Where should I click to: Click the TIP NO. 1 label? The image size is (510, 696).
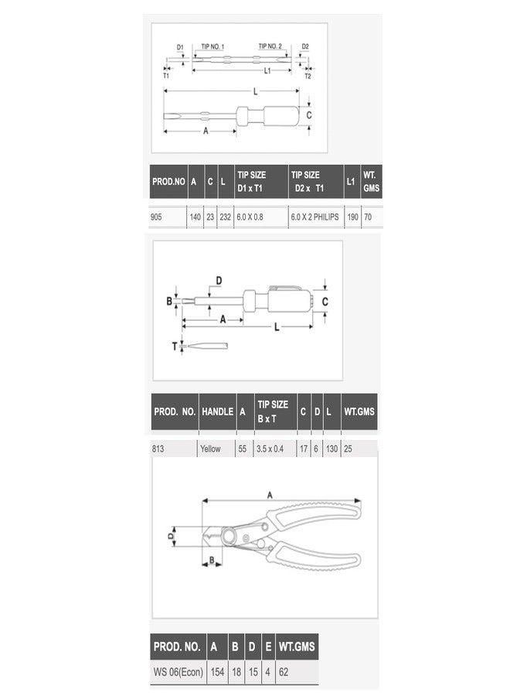(x=212, y=46)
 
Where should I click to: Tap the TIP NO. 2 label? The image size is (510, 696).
(x=270, y=46)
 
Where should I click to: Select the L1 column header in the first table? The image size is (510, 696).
(x=351, y=181)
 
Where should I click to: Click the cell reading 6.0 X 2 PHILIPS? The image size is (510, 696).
(x=314, y=217)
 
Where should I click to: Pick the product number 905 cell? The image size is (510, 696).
(x=156, y=217)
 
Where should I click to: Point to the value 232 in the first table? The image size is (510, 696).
(x=226, y=217)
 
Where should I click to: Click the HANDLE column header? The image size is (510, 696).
(x=217, y=411)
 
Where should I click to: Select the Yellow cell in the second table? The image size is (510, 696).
(x=210, y=449)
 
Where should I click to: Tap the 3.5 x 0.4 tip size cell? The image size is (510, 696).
(x=270, y=449)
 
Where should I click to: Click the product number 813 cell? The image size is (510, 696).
(x=158, y=449)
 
